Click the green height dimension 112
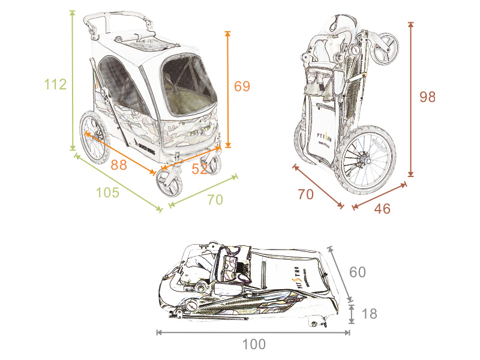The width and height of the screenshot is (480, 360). click(x=55, y=85)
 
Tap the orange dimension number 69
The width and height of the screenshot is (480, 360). click(x=242, y=86)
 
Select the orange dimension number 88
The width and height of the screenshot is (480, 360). click(x=119, y=165)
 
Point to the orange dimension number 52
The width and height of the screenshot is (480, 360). click(x=199, y=169)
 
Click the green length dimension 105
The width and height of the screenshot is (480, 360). click(x=108, y=193)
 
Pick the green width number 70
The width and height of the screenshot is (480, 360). click(x=215, y=200)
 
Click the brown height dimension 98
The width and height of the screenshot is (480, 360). click(x=427, y=97)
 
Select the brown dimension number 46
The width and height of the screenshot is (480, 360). click(x=382, y=209)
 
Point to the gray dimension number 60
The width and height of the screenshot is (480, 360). click(x=358, y=272)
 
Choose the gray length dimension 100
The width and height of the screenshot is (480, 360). click(x=254, y=344)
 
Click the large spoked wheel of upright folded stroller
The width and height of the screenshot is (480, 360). click(x=366, y=159)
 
